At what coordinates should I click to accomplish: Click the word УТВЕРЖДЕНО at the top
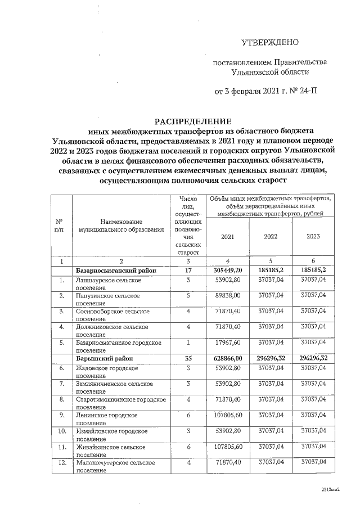pyautogui.click(x=270, y=43)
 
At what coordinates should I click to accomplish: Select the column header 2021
pyautogui.click(x=227, y=237)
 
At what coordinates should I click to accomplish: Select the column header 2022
pyautogui.click(x=271, y=237)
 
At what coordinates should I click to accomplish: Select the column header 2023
pyautogui.click(x=313, y=237)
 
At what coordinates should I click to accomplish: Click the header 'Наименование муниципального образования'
pyautogui.click(x=117, y=227)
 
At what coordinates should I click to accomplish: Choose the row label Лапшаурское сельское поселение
pyautogui.click(x=110, y=282)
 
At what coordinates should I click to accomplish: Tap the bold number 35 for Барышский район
pyautogui.click(x=189, y=357)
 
